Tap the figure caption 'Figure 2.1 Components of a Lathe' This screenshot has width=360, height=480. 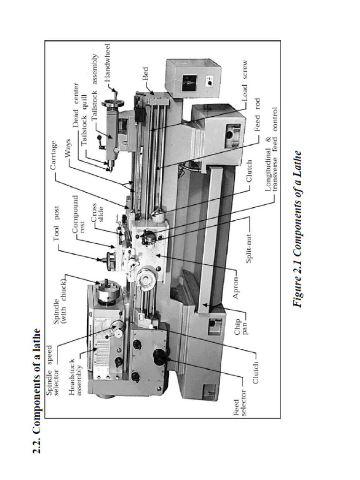click(x=298, y=229)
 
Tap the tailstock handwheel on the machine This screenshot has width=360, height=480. click(x=112, y=104)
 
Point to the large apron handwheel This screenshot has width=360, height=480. click(x=145, y=279)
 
